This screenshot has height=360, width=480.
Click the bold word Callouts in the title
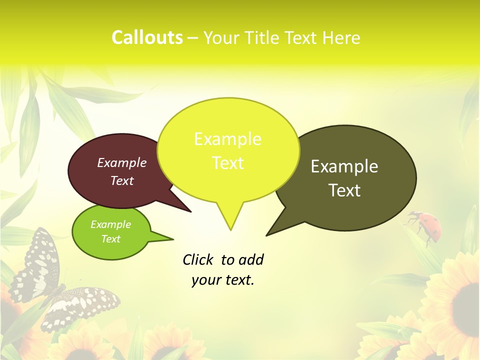click(147, 37)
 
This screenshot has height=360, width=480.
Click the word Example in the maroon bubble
click(122, 162)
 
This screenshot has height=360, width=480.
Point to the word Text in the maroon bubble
click(122, 180)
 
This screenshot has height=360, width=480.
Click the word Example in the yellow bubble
click(228, 139)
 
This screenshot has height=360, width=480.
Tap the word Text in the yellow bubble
click(228, 163)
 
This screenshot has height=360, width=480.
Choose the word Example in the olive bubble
click(344, 166)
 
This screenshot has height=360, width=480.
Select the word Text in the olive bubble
click(344, 190)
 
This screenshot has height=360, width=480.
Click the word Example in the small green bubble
click(111, 224)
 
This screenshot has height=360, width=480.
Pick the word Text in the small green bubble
click(111, 239)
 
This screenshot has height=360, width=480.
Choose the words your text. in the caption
click(223, 280)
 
